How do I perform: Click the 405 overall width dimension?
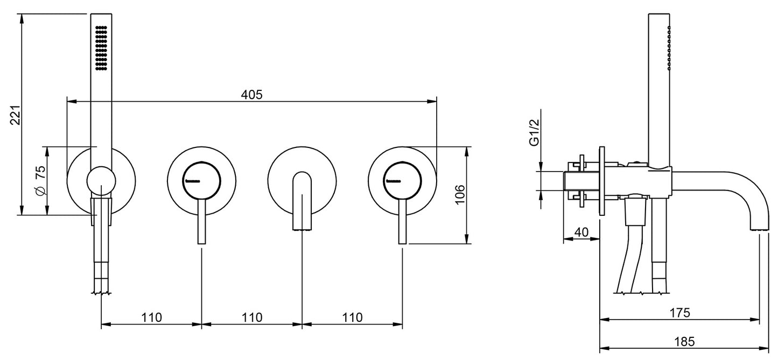(x=252, y=94)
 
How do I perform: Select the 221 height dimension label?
(x=16, y=115)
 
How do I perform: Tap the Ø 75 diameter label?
(x=40, y=180)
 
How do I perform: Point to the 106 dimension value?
(x=459, y=195)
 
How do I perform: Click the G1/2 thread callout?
(x=534, y=132)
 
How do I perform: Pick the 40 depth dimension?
(x=581, y=232)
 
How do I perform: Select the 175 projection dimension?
(x=679, y=313)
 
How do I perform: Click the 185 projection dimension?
(x=684, y=342)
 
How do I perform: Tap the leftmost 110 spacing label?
(x=151, y=317)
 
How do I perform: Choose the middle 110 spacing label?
(x=252, y=317)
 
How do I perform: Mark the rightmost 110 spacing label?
(x=352, y=317)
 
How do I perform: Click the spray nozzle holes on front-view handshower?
(x=101, y=48)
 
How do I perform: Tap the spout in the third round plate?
(x=302, y=201)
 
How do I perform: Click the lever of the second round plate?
(x=202, y=222)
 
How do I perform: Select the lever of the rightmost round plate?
(x=403, y=222)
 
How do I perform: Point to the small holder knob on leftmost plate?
(x=101, y=180)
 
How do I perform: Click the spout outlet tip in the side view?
(x=759, y=229)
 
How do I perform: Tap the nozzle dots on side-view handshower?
(x=669, y=48)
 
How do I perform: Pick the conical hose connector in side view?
(x=636, y=211)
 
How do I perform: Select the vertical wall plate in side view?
(x=602, y=181)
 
